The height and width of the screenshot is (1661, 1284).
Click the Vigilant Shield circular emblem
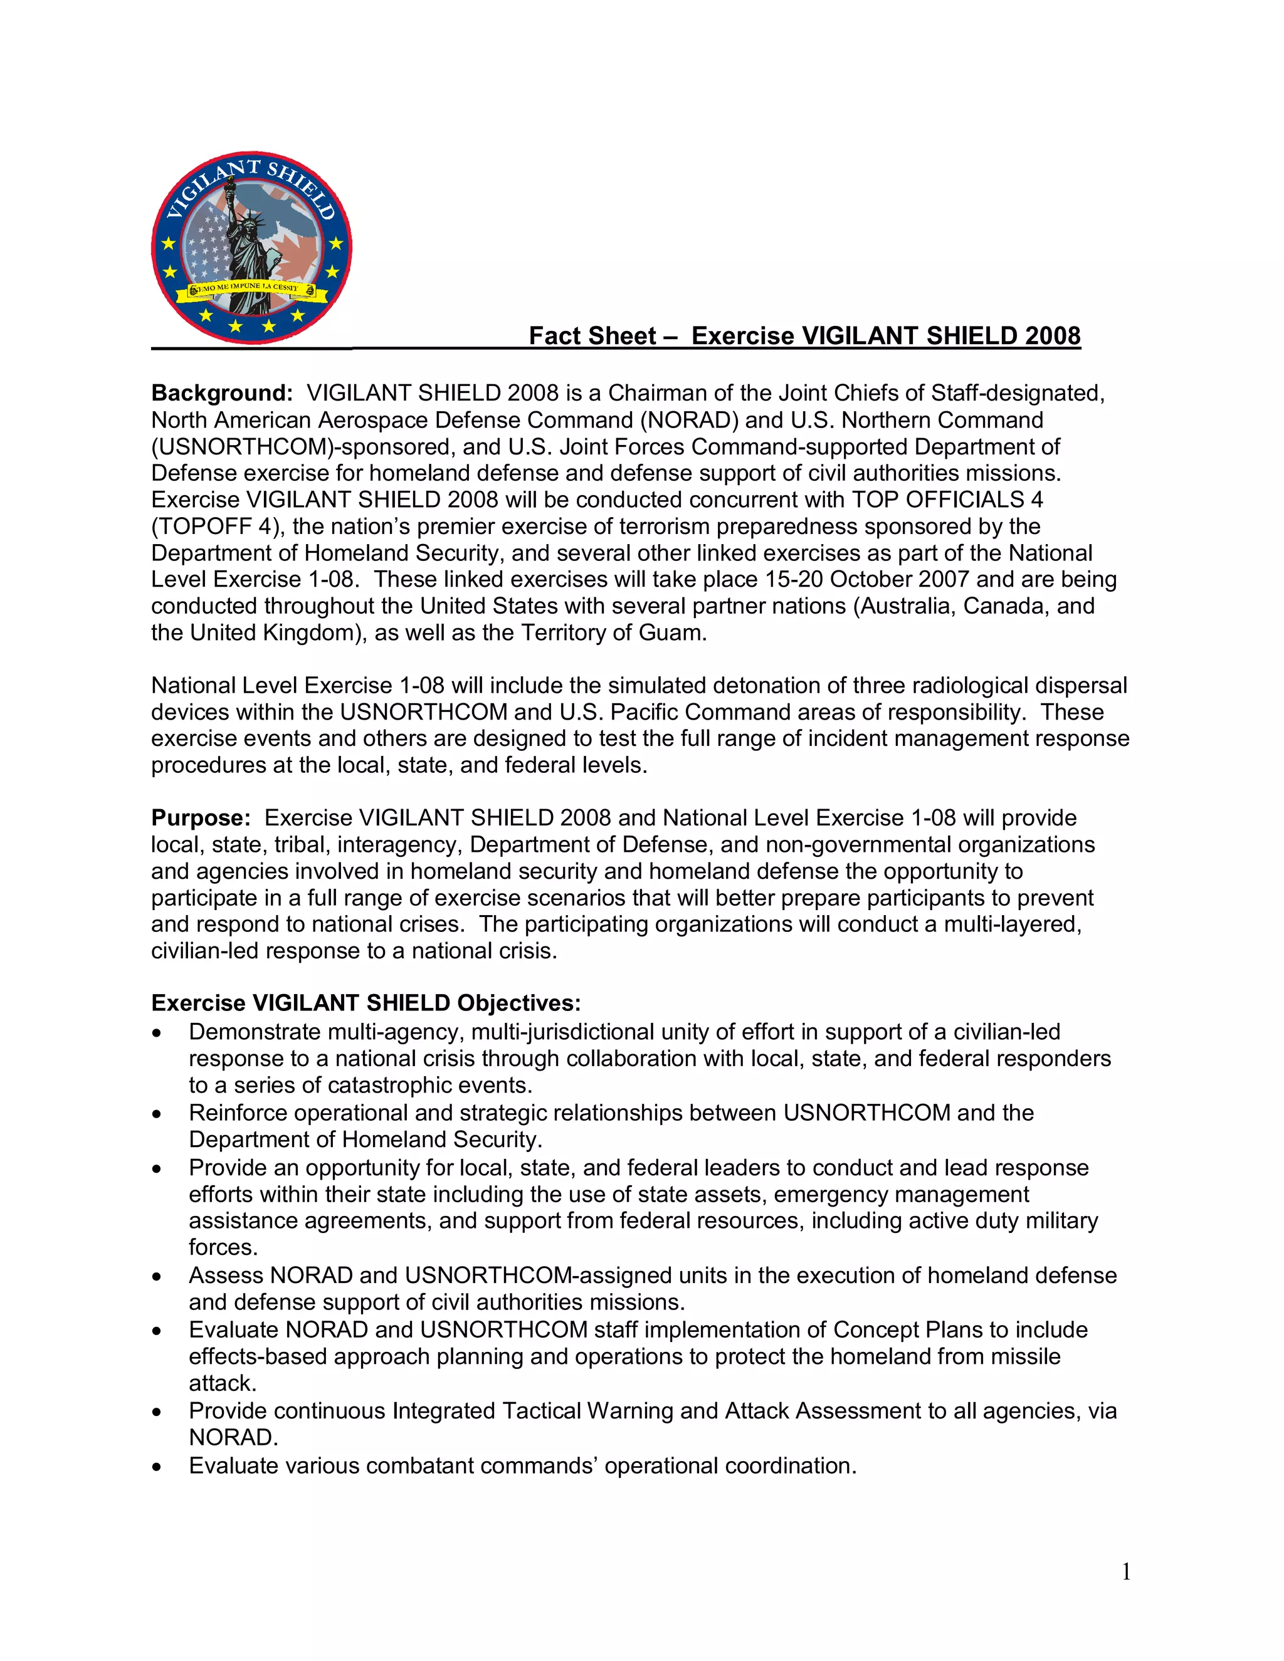click(x=252, y=247)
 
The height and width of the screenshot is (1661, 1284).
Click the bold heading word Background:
click(x=221, y=393)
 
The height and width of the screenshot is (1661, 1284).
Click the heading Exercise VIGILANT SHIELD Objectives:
click(x=366, y=1003)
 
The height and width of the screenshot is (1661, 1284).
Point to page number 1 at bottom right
click(x=1126, y=1571)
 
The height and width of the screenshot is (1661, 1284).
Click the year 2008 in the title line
click(x=1052, y=335)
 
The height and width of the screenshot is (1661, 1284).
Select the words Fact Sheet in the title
click(x=592, y=335)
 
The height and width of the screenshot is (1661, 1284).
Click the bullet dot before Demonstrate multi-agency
click(x=157, y=1034)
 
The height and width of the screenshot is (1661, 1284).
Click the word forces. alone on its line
click(x=223, y=1247)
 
